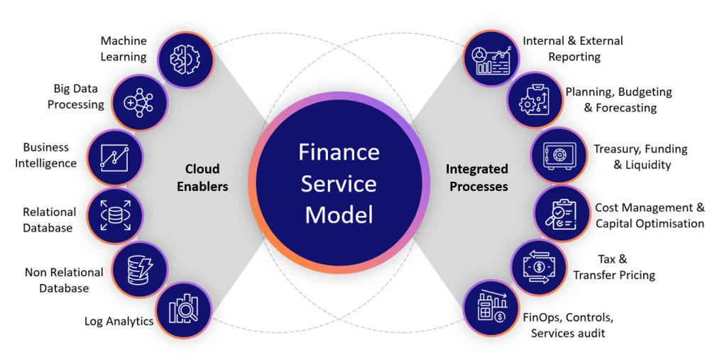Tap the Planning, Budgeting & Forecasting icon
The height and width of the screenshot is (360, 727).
(535, 100)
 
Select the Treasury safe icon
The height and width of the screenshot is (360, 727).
(559, 156)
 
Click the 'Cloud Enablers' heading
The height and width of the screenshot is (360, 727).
(202, 178)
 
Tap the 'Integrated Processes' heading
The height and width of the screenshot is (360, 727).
(477, 178)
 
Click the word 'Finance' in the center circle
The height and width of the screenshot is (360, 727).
(339, 152)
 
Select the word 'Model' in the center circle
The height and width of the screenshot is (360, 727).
(339, 214)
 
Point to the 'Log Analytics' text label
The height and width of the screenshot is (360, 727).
(119, 321)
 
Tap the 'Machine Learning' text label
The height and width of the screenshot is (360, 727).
(123, 49)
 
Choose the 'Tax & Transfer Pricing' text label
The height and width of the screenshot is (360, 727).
(613, 267)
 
